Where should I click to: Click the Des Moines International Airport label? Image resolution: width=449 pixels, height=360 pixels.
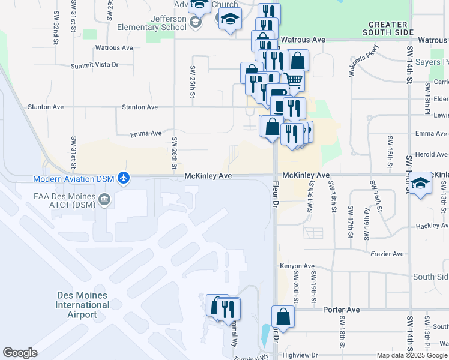(82, 305)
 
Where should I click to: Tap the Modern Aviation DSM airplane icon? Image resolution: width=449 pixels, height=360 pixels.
(124, 178)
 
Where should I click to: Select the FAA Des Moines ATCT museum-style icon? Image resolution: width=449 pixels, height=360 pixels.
(104, 199)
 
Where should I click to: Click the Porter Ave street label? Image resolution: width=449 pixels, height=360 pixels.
(341, 310)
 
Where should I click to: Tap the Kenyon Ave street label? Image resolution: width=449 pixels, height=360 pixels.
(297, 266)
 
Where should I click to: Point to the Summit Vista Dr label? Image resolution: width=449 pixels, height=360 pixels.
(95, 65)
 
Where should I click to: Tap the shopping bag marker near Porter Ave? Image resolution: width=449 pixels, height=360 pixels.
(283, 317)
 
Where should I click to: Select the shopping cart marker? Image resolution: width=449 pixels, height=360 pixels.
(293, 79)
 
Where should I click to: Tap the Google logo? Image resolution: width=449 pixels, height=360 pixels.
(20, 353)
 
